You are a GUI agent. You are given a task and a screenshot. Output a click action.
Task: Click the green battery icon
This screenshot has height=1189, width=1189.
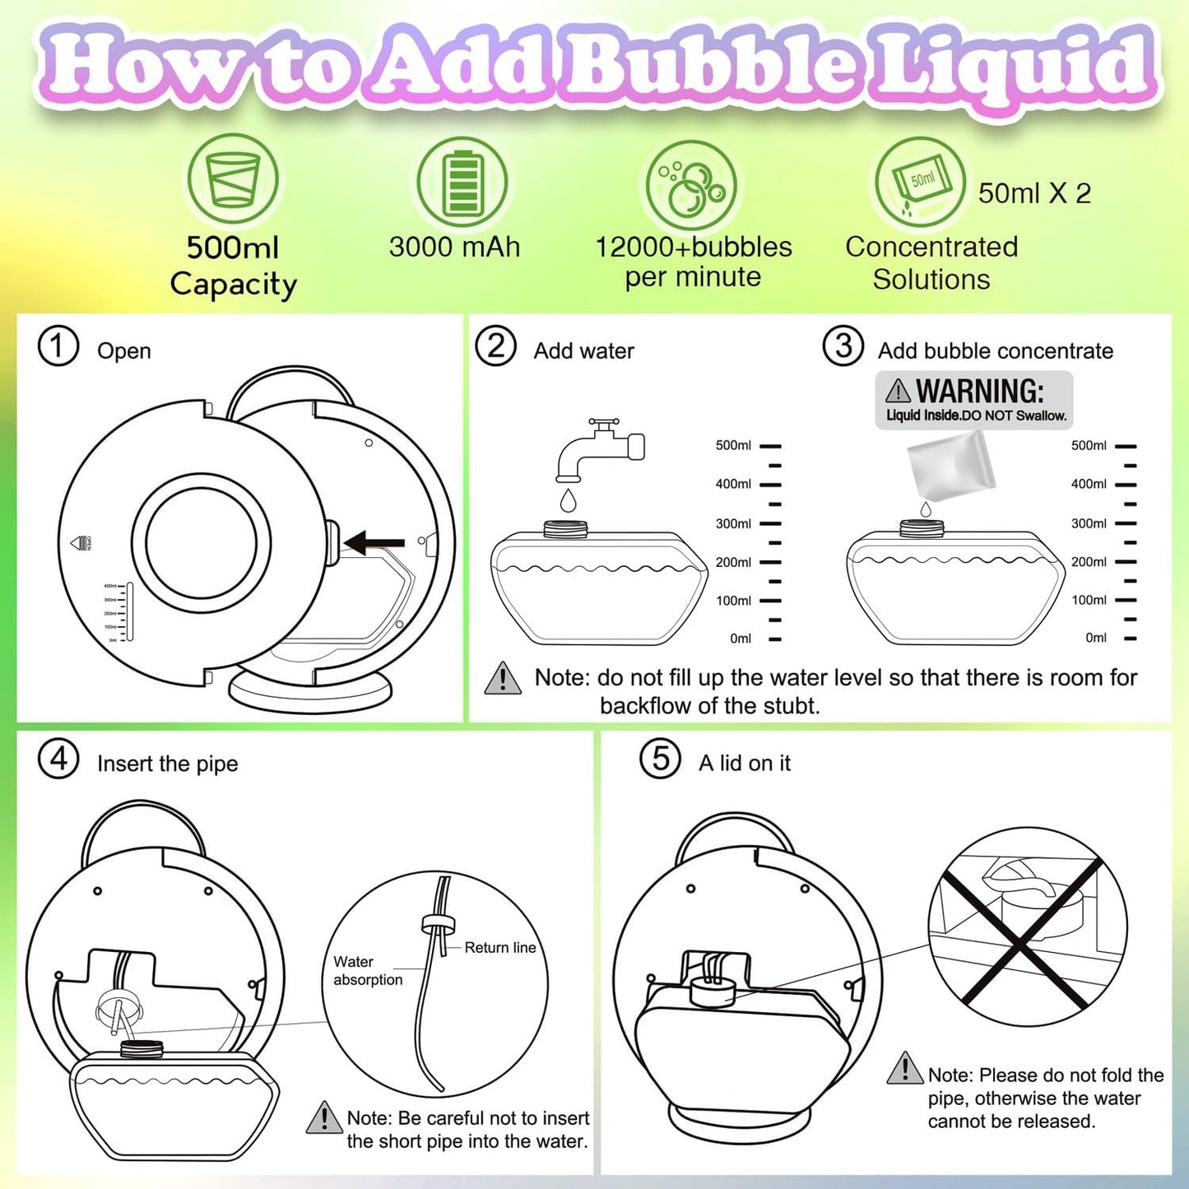point(461,182)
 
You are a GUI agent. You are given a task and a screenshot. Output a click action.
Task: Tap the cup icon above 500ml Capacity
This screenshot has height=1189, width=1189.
point(233,179)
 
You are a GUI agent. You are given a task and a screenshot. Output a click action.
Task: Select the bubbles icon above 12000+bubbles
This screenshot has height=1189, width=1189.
point(691,185)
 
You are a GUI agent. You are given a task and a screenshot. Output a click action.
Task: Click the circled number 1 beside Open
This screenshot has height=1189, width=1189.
point(58,346)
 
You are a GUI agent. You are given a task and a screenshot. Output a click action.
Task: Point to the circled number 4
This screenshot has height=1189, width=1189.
point(58,759)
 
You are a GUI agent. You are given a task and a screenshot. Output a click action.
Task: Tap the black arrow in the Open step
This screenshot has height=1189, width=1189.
point(375,542)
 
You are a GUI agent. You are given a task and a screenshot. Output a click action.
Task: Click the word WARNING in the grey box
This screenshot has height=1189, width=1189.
point(979,391)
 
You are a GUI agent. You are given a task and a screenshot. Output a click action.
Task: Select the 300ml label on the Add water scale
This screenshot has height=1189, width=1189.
point(733,523)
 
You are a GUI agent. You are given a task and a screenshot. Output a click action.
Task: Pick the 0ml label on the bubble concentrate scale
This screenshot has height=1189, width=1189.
point(1096,638)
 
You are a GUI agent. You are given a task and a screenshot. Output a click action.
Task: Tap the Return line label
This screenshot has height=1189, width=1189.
point(499,948)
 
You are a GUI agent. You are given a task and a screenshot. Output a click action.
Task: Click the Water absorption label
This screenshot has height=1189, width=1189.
point(367,971)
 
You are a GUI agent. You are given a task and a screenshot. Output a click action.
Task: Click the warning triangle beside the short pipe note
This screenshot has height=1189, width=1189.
point(324,1117)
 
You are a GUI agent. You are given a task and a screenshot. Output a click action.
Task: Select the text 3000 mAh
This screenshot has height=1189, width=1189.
point(454,247)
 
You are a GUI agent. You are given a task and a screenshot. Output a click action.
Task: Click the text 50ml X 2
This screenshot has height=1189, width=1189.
point(1034,193)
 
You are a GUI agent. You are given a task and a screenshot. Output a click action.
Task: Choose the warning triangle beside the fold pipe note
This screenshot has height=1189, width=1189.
point(905,1069)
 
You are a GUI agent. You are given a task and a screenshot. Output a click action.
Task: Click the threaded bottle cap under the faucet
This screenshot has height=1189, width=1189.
point(565,528)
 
